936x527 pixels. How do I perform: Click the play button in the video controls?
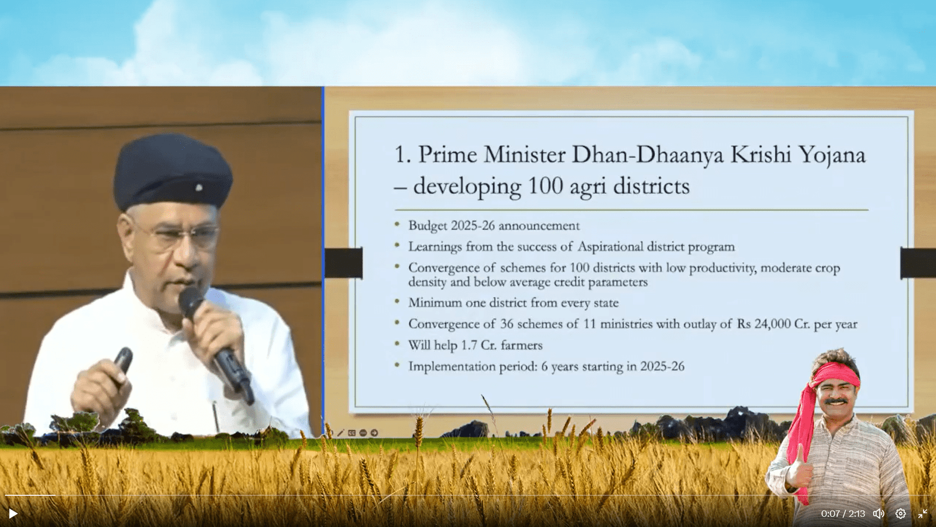tap(13, 514)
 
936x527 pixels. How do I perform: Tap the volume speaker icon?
tap(878, 514)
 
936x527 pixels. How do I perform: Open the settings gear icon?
tap(900, 514)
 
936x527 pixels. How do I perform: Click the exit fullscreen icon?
tap(923, 514)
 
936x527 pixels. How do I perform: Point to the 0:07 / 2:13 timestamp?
tap(843, 514)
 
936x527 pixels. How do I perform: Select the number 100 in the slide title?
tap(545, 186)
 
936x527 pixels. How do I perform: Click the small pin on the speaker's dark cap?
tap(199, 188)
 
